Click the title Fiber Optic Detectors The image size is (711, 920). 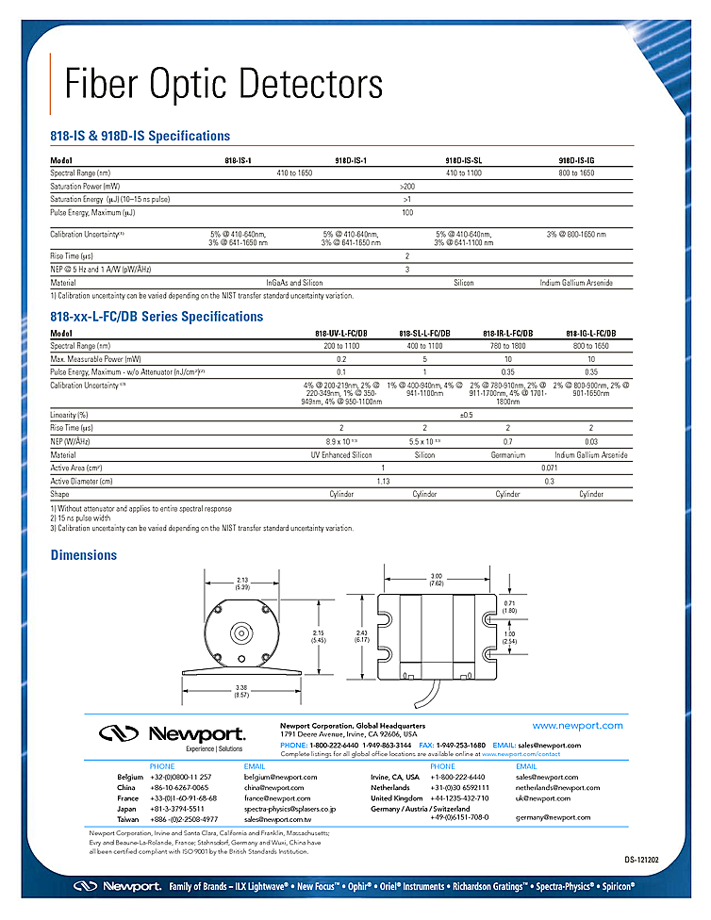[223, 84]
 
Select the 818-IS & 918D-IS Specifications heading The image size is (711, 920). [140, 136]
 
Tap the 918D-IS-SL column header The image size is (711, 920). [463, 161]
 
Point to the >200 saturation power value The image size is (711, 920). [407, 187]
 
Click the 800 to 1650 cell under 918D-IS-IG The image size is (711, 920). [576, 173]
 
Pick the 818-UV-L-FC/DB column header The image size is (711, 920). [341, 334]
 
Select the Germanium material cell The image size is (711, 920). [508, 454]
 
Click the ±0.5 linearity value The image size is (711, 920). [466, 415]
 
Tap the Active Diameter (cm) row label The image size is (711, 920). [85, 481]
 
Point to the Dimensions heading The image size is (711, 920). [84, 555]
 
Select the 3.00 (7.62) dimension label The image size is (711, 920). [436, 579]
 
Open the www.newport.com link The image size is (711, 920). [577, 725]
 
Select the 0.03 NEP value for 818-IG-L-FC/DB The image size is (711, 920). [591, 441]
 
